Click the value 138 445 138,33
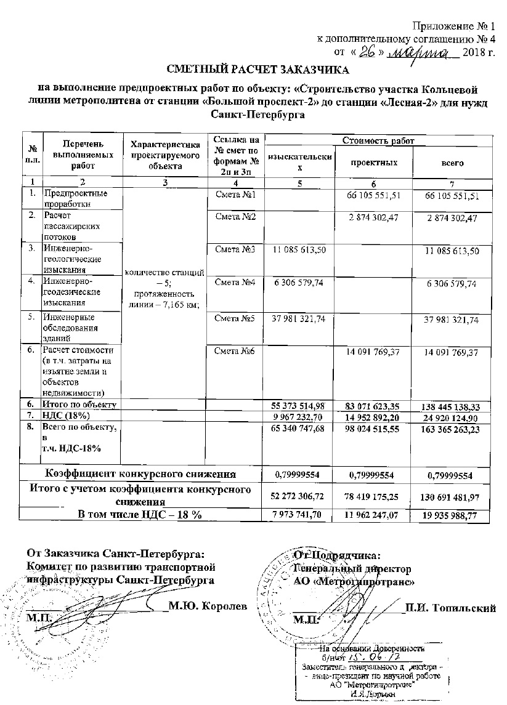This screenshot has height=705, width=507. pyautogui.click(x=451, y=407)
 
